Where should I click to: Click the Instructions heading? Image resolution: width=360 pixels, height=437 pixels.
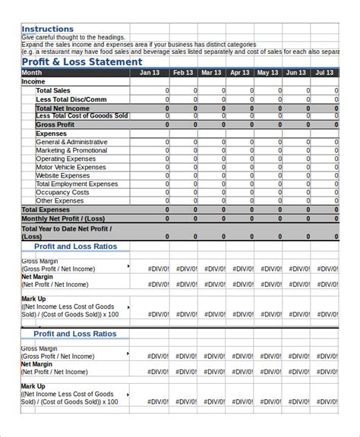(48, 29)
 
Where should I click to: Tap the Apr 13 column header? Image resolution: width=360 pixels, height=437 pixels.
(239, 73)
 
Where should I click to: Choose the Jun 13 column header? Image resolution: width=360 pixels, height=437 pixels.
(295, 73)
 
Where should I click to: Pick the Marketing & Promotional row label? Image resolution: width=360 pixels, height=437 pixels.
(72, 150)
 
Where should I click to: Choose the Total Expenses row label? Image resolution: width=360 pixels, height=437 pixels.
(46, 209)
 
